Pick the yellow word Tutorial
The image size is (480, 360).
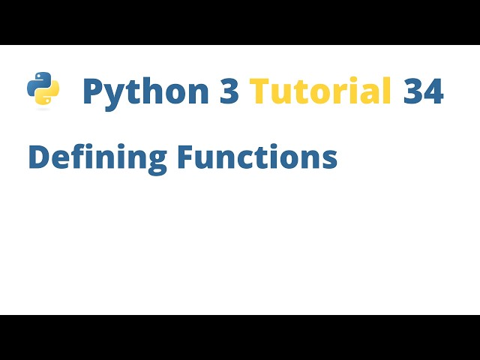tap(321, 91)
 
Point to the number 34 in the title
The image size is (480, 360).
tap(423, 91)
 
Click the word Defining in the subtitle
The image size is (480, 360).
tap(97, 157)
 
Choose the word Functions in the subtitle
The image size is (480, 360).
tap(257, 157)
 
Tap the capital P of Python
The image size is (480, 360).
tap(92, 91)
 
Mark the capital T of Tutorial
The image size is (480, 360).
tap(259, 91)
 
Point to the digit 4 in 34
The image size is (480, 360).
tap(433, 91)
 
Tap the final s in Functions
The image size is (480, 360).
tap(329, 160)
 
